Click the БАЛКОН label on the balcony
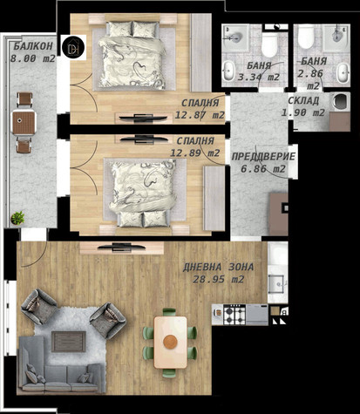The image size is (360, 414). click(33, 46)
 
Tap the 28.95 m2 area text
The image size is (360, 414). click(219, 280)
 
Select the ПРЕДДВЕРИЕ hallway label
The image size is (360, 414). click(263, 157)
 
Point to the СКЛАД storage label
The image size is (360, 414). click(303, 100)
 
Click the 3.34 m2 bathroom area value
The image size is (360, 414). click(259, 78)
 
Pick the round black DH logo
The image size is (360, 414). click(73, 47)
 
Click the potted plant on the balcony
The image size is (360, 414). click(17, 218)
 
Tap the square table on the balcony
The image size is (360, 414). click(24, 122)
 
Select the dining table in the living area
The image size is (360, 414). click(170, 343)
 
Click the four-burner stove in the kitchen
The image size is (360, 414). click(234, 315)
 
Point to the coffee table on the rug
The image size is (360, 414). click(69, 342)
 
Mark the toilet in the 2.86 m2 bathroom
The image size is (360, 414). click(306, 37)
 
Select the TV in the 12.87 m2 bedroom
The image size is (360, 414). click(143, 118)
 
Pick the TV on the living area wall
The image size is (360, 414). click(121, 248)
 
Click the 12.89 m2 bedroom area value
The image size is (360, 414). click(194, 153)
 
